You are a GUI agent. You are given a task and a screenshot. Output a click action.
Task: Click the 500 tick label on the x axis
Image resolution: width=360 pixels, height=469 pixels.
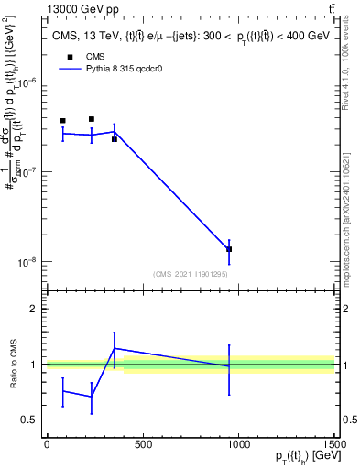(x=142, y=445)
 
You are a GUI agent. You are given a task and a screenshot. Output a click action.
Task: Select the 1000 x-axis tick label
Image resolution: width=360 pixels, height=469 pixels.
(x=238, y=445)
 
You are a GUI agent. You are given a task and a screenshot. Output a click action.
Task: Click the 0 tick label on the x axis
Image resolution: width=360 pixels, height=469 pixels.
(x=47, y=445)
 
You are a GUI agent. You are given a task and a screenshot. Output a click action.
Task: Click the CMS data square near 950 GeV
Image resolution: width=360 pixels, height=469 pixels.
(x=229, y=249)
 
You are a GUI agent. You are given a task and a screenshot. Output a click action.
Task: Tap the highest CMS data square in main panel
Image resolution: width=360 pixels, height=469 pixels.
(x=92, y=119)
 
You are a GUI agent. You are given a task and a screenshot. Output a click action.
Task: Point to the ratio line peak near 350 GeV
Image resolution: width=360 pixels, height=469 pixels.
(x=115, y=348)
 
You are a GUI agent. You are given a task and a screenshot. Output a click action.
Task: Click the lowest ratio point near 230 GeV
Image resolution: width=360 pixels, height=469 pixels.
(x=92, y=397)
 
